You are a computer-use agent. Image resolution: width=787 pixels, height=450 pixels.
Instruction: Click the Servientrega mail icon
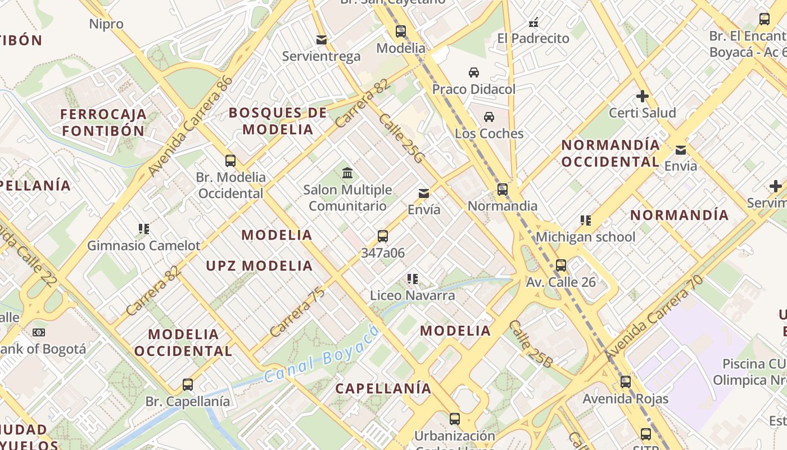tap(322, 40)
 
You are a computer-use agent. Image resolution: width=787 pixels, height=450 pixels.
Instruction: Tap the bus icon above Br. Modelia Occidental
tap(230, 161)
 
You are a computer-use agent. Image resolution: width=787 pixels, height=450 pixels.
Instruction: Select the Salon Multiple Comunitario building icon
tap(347, 173)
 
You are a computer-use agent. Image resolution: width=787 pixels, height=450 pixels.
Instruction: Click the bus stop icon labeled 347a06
tap(383, 236)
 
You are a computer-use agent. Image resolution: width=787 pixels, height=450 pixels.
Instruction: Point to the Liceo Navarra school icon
tap(413, 278)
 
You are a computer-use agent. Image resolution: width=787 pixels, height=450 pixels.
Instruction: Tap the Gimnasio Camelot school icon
tap(144, 229)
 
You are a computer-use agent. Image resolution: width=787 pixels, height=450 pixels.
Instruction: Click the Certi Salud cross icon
tap(643, 96)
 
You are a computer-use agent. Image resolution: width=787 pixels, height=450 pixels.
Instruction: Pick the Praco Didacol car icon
tap(474, 73)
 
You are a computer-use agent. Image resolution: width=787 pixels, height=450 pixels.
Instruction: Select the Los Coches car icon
tap(489, 117)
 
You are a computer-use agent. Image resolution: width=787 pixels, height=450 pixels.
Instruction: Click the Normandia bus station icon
tap(503, 190)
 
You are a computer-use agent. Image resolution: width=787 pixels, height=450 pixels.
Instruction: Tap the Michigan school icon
tap(586, 220)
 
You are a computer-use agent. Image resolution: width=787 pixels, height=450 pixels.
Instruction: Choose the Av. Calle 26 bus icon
tap(561, 265)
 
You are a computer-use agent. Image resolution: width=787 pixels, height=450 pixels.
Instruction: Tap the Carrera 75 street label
tap(297, 313)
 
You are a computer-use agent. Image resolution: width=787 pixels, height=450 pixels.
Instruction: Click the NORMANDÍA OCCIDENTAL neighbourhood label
tap(610, 153)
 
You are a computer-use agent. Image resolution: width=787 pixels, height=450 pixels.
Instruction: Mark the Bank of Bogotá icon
tap(38, 332)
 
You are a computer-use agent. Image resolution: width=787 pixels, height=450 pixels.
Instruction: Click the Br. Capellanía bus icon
tap(188, 385)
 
